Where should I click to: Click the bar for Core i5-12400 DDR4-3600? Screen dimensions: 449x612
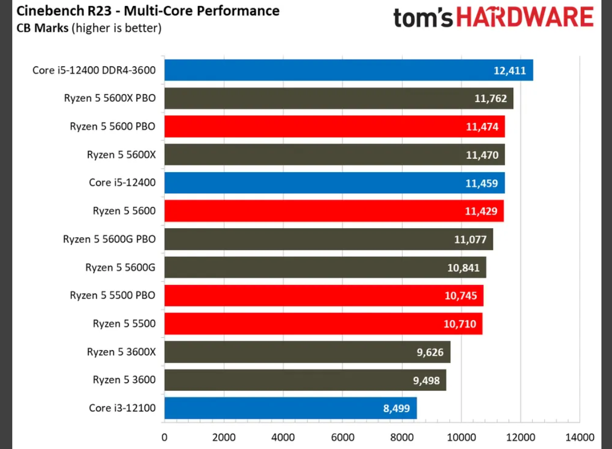point(348,70)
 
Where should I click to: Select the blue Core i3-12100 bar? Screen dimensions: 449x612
point(290,408)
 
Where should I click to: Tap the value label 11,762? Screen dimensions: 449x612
point(490,98)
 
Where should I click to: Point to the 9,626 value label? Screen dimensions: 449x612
point(430,352)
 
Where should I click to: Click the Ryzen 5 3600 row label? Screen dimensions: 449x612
point(124,380)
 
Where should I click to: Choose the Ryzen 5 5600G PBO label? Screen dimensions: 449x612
point(109,239)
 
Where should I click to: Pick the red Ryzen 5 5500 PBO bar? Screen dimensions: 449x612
point(323,295)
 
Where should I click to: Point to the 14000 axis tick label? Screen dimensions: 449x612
point(579,437)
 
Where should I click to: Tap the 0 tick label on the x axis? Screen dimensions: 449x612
point(164,437)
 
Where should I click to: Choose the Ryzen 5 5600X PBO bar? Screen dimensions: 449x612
point(339,98)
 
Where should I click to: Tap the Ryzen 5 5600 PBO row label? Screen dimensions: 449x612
point(113,127)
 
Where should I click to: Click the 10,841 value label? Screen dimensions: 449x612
point(463,268)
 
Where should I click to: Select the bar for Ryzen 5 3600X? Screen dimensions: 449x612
point(307,352)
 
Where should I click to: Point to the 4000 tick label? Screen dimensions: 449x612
point(283,437)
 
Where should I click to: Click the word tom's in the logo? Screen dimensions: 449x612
point(423,18)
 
